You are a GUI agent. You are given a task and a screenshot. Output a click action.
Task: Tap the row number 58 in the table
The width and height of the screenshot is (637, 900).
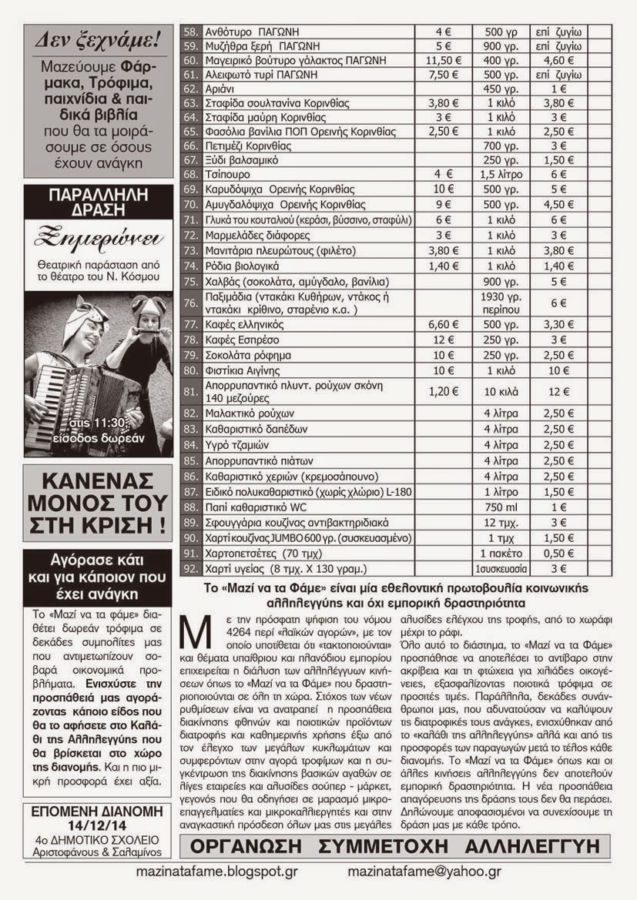190,32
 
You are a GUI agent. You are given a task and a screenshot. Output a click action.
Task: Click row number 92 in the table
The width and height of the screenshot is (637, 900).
190,568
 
